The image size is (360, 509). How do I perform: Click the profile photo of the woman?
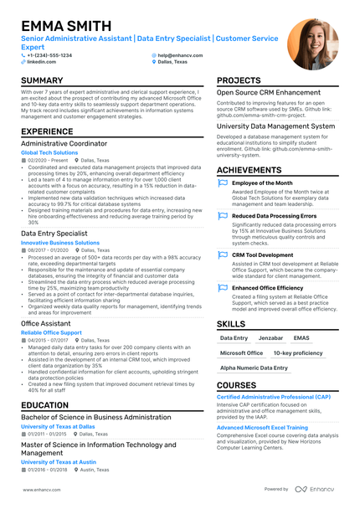pos(306,44)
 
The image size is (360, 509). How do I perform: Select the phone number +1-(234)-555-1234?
pos(49,55)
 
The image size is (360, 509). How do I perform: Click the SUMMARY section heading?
pos(48,80)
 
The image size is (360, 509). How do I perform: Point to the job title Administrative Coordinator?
pos(64,143)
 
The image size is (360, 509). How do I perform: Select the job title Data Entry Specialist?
pos(54,234)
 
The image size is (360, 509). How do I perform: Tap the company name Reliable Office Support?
pos(52,332)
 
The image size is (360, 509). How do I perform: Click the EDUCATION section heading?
pos(45,405)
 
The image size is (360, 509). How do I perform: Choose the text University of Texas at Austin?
pos(59,462)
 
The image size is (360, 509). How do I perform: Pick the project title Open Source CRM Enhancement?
pos(269,92)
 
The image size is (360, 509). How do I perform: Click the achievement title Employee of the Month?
pos(262,183)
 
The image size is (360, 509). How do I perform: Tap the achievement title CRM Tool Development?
pos(262,254)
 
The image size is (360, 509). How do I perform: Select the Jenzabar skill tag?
pos(270,338)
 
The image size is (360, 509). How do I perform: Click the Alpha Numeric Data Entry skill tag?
pos(254,368)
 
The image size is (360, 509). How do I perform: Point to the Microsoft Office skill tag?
pos(241,353)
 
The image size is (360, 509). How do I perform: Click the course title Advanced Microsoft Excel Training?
pos(261,427)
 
